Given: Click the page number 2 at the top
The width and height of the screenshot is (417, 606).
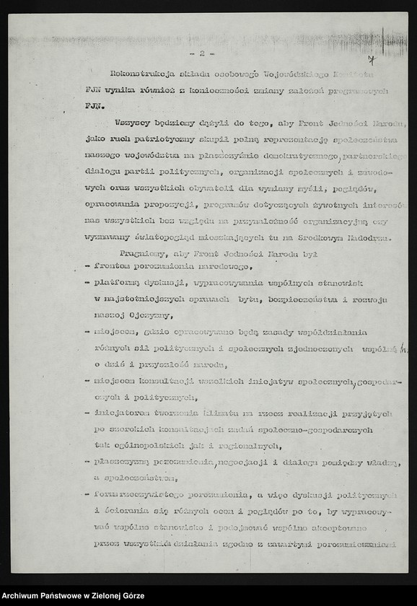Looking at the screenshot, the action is click(203, 53).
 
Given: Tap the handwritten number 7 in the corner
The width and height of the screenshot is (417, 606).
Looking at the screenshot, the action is click(370, 62).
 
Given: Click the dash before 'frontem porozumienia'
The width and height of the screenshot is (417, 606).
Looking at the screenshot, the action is click(87, 266).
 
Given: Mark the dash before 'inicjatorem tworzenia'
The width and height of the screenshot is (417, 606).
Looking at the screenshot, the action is click(87, 413).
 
